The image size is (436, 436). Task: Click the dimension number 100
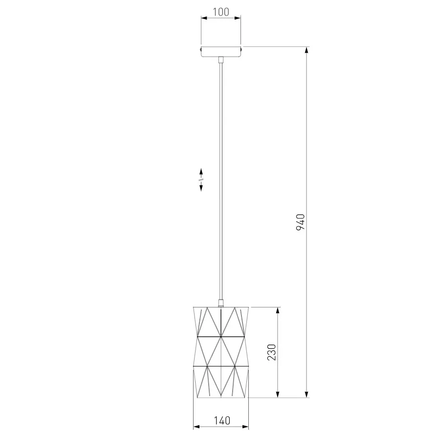point(221,12)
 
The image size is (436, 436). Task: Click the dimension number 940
point(300,222)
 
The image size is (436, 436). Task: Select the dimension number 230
point(272,352)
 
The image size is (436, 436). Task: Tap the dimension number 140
point(222,420)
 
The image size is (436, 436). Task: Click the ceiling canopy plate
point(221,52)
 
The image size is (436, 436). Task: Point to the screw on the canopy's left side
point(200,49)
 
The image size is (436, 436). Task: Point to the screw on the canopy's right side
point(242,49)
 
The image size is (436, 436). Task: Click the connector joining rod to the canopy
point(221,60)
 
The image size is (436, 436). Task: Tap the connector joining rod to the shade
point(221,303)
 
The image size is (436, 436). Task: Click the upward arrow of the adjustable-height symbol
point(201,172)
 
